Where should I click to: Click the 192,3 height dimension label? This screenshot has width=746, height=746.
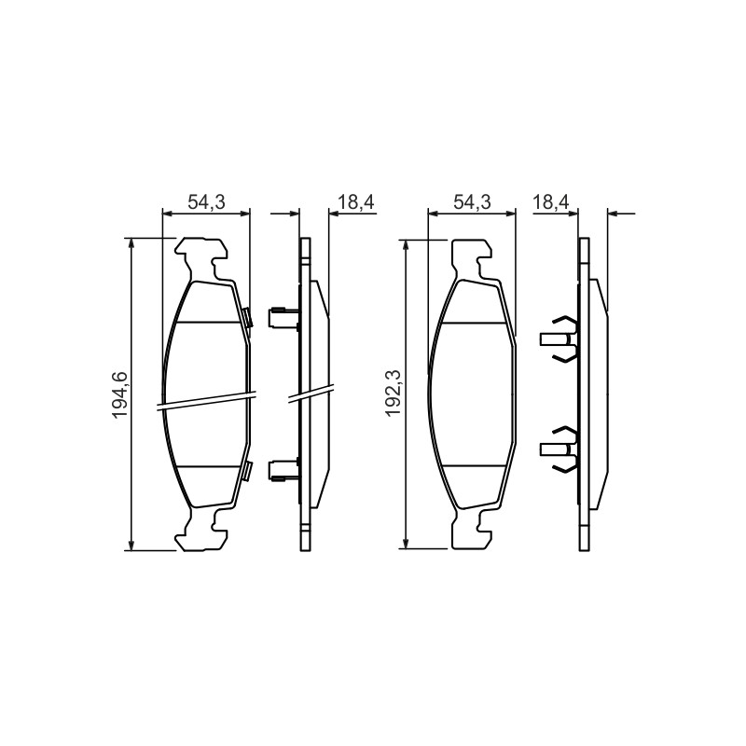[x=394, y=393]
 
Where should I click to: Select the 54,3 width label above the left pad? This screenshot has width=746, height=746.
[x=206, y=201]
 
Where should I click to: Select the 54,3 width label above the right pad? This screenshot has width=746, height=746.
[x=472, y=201]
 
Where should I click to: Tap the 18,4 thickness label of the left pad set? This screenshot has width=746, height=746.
[x=356, y=201]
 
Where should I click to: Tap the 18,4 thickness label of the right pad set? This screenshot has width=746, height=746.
[x=550, y=201]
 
